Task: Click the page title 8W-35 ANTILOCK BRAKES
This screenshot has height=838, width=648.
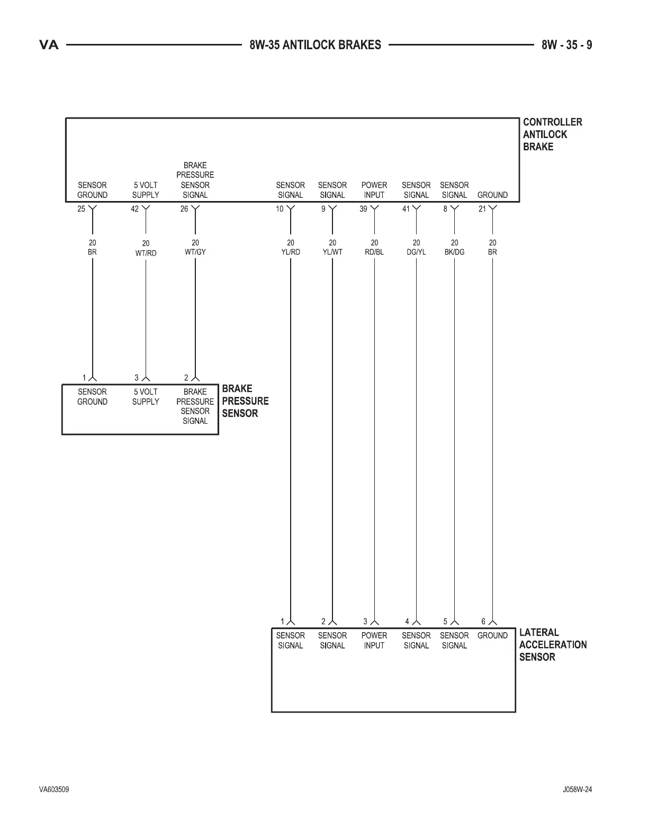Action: click(315, 45)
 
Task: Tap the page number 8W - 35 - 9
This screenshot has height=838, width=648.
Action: click(566, 45)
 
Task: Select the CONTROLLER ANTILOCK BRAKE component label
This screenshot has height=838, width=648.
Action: click(552, 134)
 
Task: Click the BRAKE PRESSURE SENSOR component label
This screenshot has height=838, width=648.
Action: click(245, 401)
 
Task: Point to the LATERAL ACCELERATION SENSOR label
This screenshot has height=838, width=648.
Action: click(553, 645)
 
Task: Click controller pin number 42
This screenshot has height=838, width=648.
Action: click(134, 209)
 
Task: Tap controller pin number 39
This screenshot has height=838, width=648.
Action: click(363, 209)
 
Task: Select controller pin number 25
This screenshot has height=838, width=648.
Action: click(81, 209)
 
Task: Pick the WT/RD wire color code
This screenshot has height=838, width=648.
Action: click(146, 253)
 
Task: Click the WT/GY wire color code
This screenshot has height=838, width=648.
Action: click(195, 252)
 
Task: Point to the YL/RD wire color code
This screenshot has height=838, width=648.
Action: click(291, 252)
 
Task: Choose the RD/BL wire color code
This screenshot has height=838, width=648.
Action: click(374, 252)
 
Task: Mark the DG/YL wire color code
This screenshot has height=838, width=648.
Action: click(416, 252)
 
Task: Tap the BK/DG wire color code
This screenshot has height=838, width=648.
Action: click(454, 252)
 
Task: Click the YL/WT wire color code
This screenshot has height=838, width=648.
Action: click(332, 252)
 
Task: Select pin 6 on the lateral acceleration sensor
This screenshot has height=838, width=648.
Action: click(483, 622)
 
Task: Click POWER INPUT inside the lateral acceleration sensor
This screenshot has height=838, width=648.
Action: click(374, 641)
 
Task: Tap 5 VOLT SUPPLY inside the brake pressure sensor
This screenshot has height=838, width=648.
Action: click(146, 397)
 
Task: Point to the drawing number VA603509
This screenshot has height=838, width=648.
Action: click(53, 790)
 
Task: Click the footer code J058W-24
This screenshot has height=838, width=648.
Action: click(577, 790)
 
